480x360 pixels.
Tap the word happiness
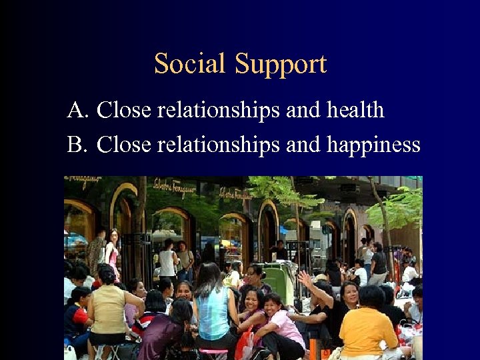(373, 145)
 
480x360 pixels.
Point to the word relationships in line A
(218, 110)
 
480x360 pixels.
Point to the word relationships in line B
(218, 144)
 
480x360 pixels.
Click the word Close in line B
(124, 144)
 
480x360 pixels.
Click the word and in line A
(303, 110)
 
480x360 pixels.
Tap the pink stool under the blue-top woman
(214, 351)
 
